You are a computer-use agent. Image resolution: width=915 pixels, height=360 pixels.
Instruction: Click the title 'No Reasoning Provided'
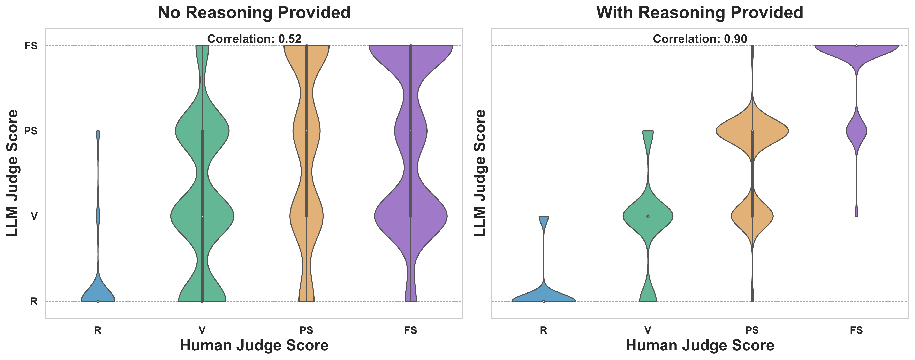[x=254, y=13]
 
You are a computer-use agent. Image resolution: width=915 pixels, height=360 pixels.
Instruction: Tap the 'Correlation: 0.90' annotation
[x=700, y=39]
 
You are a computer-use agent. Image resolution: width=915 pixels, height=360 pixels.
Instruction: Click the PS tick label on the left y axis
[x=31, y=131]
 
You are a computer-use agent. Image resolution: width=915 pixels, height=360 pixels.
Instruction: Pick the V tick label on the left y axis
[x=34, y=216]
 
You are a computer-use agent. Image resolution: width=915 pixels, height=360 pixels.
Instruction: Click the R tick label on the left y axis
[x=34, y=302]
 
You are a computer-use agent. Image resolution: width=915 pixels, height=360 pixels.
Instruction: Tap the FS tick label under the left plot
[x=411, y=330]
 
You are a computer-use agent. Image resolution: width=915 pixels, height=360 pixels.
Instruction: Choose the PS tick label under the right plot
[x=752, y=330]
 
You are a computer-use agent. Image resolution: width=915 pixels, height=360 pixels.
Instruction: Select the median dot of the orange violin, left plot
[x=307, y=131]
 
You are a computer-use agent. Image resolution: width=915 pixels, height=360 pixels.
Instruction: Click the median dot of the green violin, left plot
[x=202, y=216]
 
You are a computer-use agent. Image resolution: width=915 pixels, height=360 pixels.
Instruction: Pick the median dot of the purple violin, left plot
[x=411, y=131]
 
